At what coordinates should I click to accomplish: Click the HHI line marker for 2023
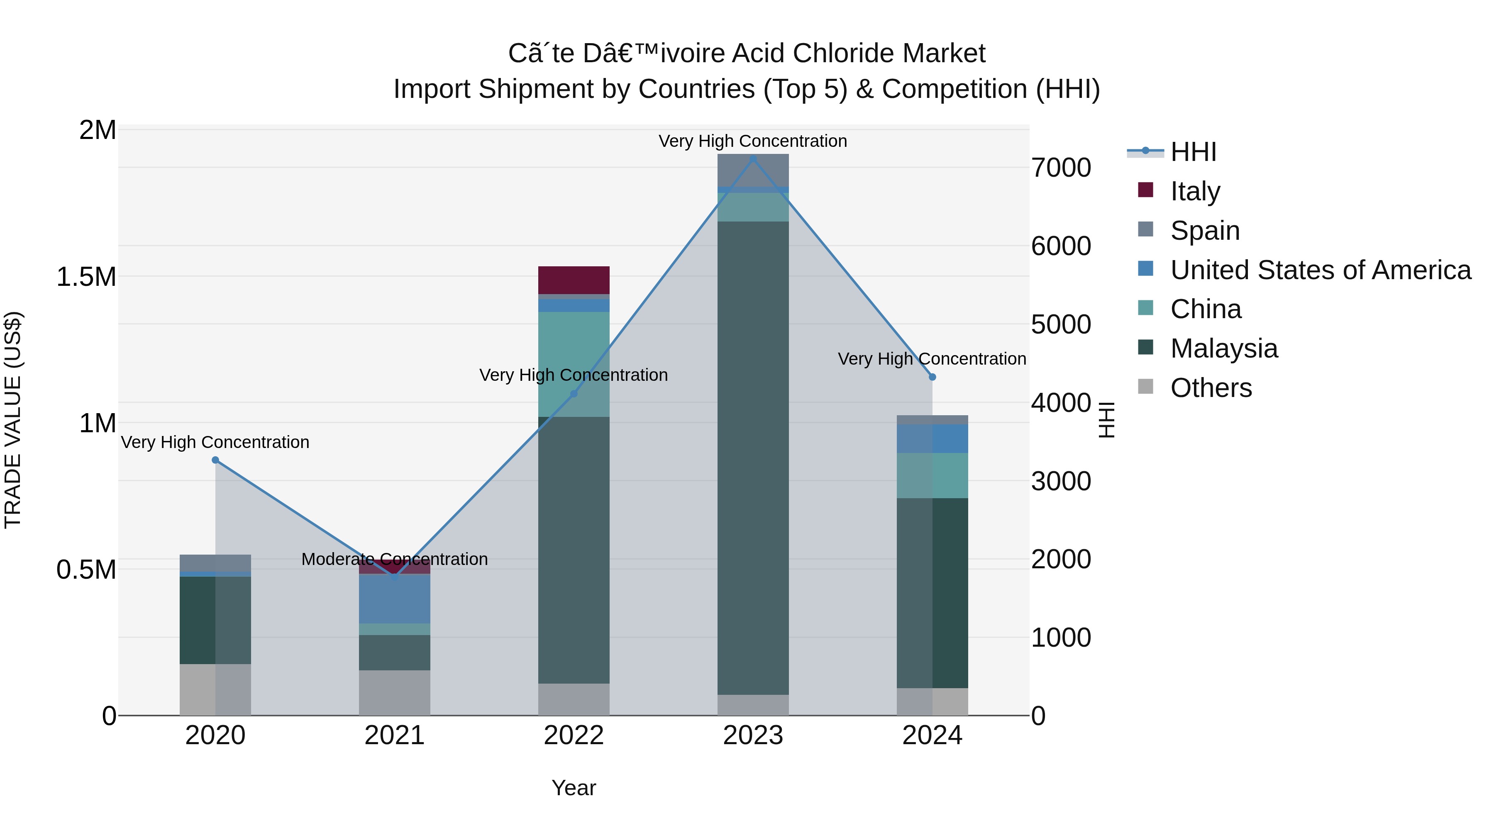tap(753, 158)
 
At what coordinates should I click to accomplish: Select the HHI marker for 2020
tap(215, 460)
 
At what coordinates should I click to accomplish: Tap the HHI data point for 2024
tap(932, 377)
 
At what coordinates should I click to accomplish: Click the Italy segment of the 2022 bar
tap(574, 280)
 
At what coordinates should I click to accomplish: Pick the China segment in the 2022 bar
tap(574, 364)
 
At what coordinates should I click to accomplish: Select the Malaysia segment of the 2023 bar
tap(753, 458)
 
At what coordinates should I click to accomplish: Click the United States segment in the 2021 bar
tap(394, 599)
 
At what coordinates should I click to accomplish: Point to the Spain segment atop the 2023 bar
tap(753, 170)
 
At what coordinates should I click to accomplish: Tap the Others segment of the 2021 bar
tap(394, 693)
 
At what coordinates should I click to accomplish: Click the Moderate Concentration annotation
tap(394, 559)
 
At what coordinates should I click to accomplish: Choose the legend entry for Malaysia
tap(1224, 348)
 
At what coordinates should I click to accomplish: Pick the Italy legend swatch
tap(1145, 190)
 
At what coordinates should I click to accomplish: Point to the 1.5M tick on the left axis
tap(86, 277)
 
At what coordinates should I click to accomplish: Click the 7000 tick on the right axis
tap(1061, 168)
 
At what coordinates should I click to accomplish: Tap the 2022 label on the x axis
tap(574, 735)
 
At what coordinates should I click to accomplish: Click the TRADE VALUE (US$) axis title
tap(13, 420)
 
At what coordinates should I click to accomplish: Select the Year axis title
tap(574, 788)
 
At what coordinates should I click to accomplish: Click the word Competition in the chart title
tap(954, 89)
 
